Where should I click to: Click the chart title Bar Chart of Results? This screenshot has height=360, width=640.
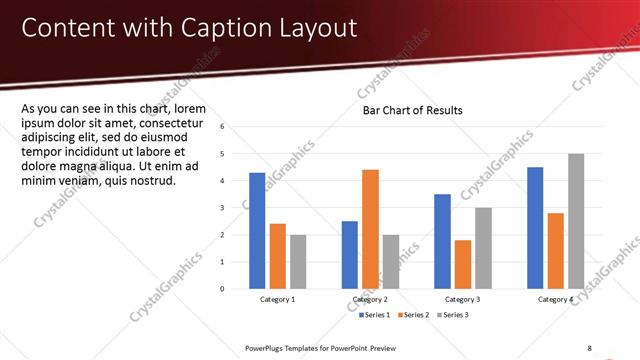tap(412, 110)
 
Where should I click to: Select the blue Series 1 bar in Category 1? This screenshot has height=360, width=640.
tap(257, 230)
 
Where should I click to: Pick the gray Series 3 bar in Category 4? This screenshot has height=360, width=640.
tap(576, 221)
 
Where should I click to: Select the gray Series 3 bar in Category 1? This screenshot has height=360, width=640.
tap(298, 261)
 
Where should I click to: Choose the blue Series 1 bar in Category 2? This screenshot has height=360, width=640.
tap(349, 254)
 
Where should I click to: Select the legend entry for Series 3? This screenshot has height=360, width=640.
tap(452, 315)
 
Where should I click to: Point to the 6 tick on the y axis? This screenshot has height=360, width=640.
tap(236, 127)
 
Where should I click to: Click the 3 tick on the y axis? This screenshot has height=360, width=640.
tap(236, 208)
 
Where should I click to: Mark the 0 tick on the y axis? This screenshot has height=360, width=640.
tap(236, 289)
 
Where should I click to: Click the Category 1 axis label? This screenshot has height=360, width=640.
tap(277, 299)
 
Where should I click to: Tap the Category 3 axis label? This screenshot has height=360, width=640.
tap(462, 299)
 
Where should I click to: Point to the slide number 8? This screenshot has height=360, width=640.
tap(590, 348)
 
